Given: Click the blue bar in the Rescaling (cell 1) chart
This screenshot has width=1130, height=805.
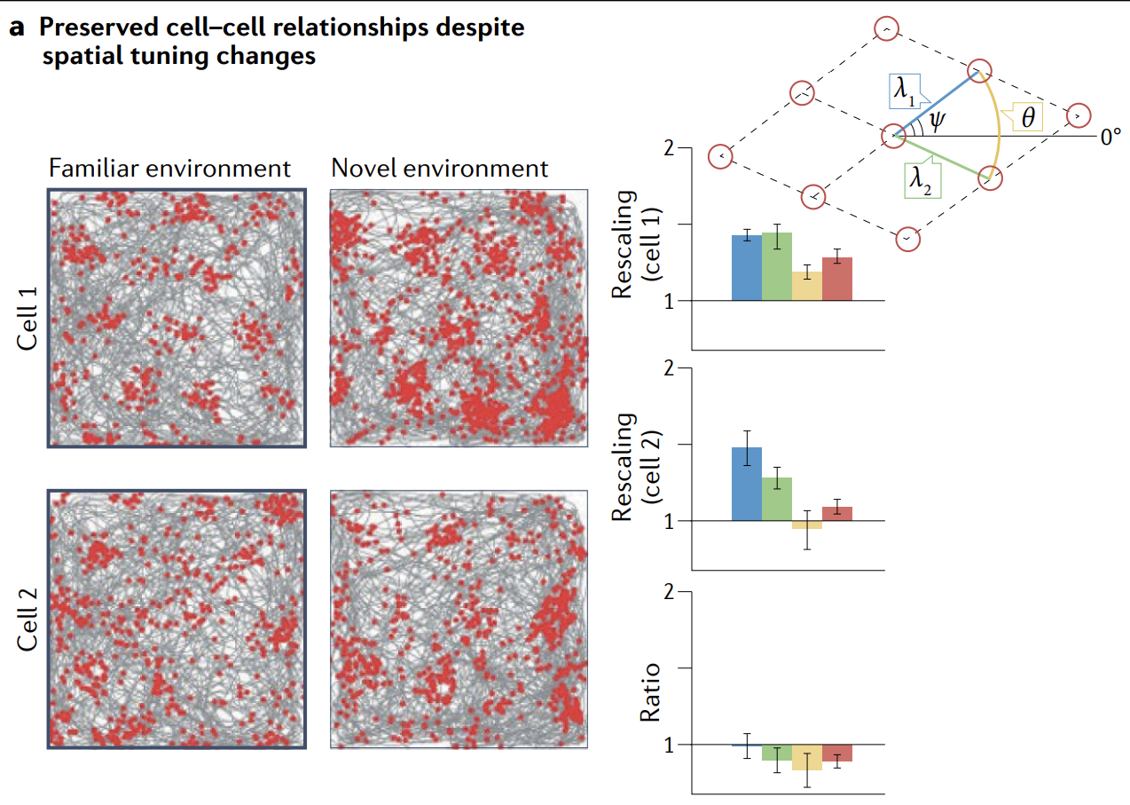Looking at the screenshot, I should click(x=746, y=268).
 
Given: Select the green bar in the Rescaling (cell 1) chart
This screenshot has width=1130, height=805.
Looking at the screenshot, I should click(x=776, y=267).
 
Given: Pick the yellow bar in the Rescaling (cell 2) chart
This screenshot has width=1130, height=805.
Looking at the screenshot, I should click(x=807, y=525).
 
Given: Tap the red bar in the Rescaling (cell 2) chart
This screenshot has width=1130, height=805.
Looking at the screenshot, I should click(x=837, y=514).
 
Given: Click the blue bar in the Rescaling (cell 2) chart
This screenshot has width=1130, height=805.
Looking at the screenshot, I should click(x=746, y=484).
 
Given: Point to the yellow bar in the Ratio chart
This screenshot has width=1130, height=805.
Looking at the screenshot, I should click(x=807, y=757).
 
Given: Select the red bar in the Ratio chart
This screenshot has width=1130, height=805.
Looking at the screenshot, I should click(x=837, y=754).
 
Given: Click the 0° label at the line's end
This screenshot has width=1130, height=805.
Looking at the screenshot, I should click(x=1110, y=137).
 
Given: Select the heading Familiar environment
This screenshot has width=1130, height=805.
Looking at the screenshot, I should click(x=170, y=168).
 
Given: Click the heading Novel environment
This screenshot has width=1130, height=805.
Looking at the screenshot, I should click(x=440, y=168).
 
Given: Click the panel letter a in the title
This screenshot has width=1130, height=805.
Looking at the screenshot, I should click(x=17, y=28).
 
